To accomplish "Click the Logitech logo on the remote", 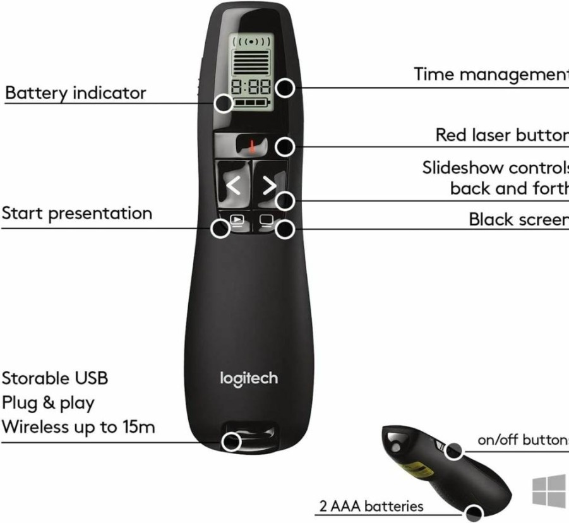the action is (x=249, y=379).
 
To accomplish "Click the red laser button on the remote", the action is (x=252, y=145).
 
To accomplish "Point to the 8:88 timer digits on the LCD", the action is (x=251, y=87).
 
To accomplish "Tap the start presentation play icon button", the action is (x=237, y=220).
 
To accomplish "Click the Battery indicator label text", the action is (x=76, y=93).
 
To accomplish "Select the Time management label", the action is (x=491, y=74).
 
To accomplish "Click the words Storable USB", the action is (x=55, y=378).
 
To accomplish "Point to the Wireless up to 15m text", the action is (x=78, y=427).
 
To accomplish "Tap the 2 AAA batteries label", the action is (x=371, y=506).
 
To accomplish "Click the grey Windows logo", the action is (x=549, y=492).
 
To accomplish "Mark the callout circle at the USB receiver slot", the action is (x=232, y=442).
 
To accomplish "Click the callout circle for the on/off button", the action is (x=453, y=450).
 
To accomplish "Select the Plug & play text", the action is (x=48, y=403).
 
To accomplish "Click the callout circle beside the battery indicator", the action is (x=223, y=103).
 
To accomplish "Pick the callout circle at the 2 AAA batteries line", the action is (x=473, y=514).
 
